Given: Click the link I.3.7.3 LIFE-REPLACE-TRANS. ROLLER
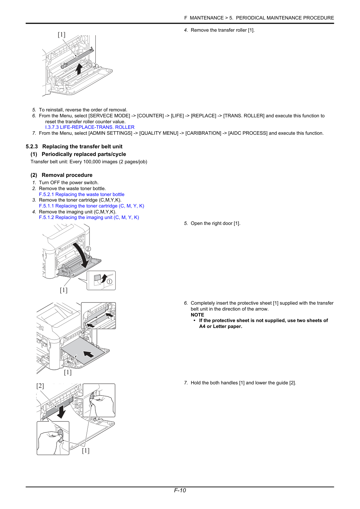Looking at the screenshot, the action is pos(90,127).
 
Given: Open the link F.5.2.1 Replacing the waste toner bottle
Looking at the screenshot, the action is pos(81,195).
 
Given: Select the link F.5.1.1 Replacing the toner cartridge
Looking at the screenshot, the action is pos(91,206).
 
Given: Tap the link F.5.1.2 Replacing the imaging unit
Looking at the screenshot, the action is pos(89,218).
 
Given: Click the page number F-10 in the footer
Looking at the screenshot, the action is pos(180,490).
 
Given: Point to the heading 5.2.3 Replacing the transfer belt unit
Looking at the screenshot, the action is pos(74,147).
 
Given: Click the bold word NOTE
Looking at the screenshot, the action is pos(197,315).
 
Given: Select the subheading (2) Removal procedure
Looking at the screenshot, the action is pos(61,175).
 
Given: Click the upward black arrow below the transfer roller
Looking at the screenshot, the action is pos(79,69).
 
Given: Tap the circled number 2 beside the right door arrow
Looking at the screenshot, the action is pos(88,249).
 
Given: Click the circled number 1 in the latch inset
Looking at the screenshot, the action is pos(110,282).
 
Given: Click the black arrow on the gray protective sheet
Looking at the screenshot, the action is pos(89,354).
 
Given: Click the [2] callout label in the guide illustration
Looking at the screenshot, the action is pos(40,386).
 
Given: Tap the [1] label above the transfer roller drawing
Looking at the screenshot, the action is pos(62,34).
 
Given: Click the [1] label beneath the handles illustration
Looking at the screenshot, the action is pos(86,451).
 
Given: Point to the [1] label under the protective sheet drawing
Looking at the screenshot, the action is pos(68,372).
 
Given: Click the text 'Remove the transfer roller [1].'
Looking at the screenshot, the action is pos(222,30).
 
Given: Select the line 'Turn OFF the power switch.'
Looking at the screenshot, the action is pos(69,183).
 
